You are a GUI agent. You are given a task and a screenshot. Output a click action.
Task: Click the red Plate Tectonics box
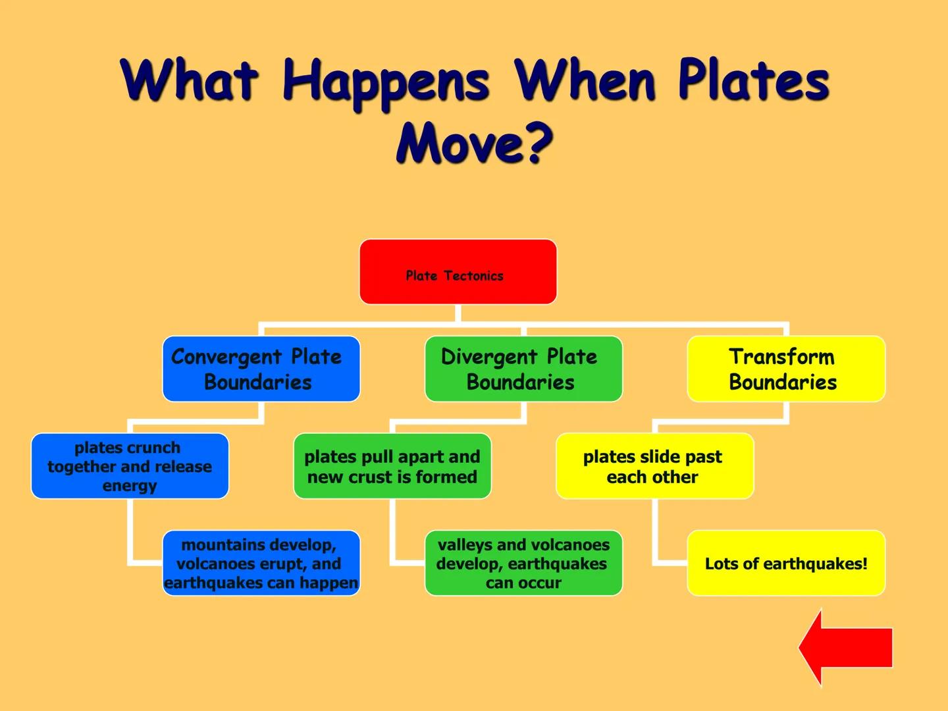click(458, 271)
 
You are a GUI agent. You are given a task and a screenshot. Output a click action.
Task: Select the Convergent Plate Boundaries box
click(261, 369)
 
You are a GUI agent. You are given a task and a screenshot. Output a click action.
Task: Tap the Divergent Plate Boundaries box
click(523, 369)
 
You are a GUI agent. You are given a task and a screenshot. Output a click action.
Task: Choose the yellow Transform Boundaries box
click(785, 369)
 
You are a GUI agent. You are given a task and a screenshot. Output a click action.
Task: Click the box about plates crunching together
click(130, 466)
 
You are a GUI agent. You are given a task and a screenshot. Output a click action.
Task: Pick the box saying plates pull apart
click(392, 466)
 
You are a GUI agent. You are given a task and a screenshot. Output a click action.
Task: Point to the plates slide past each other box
click(654, 466)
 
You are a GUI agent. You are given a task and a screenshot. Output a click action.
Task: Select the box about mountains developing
click(261, 563)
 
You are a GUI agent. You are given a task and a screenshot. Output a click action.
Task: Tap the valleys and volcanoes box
click(523, 563)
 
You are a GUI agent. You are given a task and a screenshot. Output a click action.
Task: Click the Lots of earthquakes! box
click(785, 563)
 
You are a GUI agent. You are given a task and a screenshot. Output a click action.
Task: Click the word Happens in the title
click(385, 82)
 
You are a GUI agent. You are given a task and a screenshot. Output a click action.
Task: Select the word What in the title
click(189, 80)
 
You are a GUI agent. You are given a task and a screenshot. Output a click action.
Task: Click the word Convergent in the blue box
click(226, 357)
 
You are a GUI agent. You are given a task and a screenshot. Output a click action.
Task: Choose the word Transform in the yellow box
click(781, 357)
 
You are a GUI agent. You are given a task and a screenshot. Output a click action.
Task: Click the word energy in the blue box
click(130, 486)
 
